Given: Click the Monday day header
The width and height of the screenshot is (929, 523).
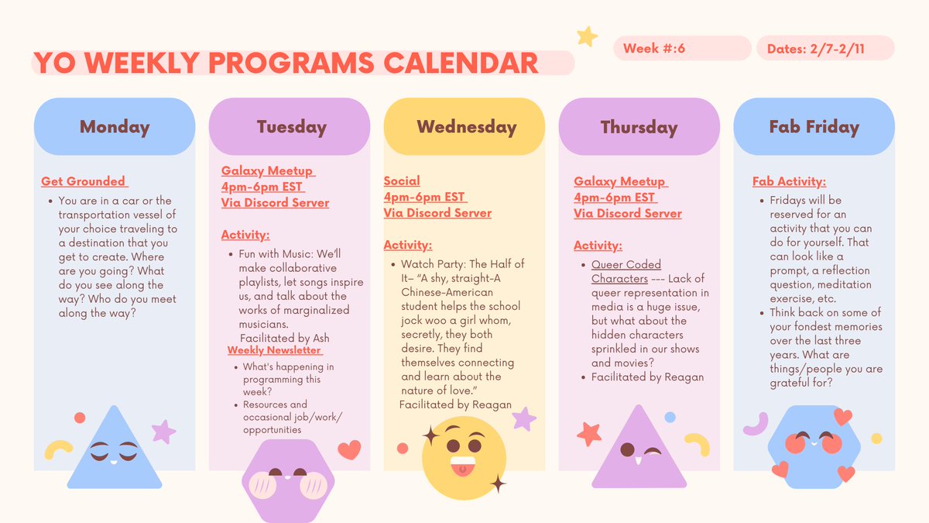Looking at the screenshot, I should coord(115,127).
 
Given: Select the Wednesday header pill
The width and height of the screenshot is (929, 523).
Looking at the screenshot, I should coord(465,127).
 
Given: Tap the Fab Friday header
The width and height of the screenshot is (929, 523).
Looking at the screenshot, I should coord(814,127).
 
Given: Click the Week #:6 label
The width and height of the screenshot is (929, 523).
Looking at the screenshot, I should coord(654,49).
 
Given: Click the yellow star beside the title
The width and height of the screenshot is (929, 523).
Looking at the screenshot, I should coord(587,36).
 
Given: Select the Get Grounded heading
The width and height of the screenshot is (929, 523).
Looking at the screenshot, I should coord(84,181).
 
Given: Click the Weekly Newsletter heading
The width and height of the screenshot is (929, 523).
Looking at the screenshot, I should coord(275,350).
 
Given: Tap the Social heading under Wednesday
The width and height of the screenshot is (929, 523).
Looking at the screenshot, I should coord(402,181).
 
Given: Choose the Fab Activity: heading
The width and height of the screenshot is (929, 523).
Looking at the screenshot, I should coord(789,181).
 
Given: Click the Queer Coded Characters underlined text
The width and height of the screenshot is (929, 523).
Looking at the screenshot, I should coord(626,271).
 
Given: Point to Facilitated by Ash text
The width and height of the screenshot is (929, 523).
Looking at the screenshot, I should coord(286,338).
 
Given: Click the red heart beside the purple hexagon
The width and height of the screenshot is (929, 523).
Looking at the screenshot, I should coord(349,449).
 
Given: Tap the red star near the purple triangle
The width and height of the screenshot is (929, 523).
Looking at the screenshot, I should coord(589,432).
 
